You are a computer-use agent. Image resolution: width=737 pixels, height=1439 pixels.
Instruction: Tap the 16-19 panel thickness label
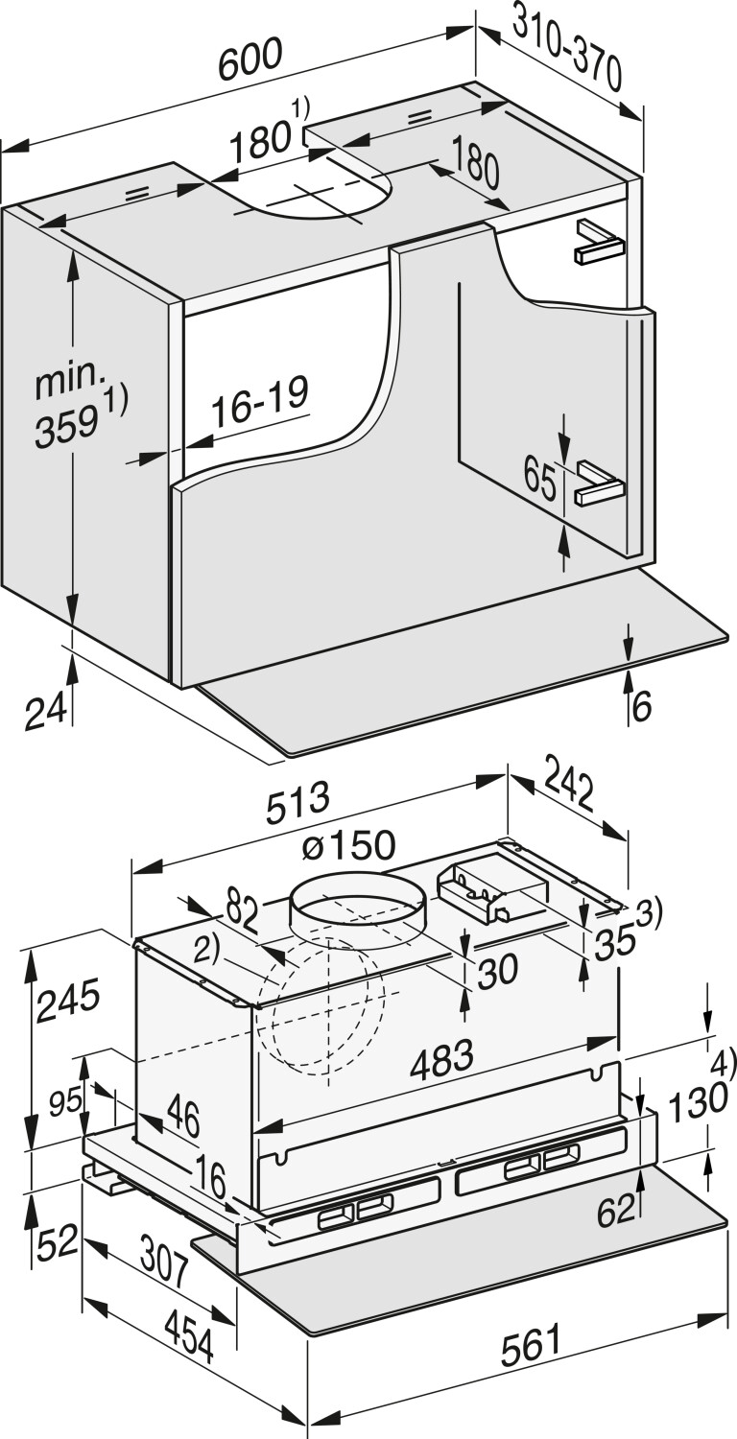point(260,402)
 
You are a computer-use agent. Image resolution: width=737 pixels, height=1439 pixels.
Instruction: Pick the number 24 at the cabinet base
point(45,712)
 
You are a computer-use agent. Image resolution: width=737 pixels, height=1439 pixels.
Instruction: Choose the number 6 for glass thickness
point(642,706)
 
